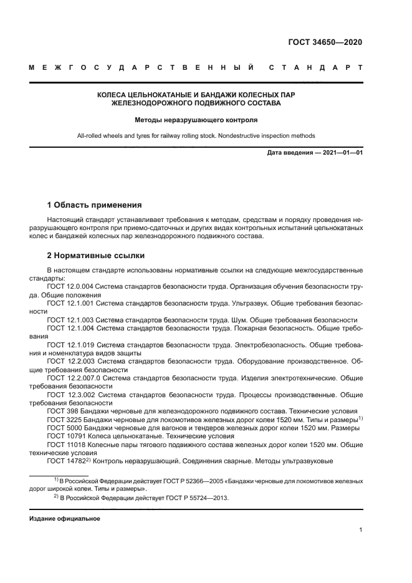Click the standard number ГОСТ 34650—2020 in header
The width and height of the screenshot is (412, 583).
pos(325,42)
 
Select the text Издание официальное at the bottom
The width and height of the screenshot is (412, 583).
pos(65,519)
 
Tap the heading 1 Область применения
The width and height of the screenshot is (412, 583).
pos(95,205)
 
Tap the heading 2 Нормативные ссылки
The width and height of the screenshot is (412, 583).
pos(95,256)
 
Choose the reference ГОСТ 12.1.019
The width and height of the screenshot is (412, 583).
pos(70,344)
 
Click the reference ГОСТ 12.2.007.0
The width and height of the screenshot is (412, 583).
pos(74,378)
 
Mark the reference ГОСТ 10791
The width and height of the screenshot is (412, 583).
pos(67,436)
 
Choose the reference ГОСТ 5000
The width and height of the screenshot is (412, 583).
pos(65,428)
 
